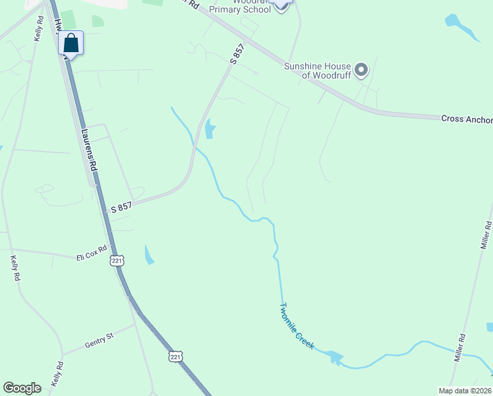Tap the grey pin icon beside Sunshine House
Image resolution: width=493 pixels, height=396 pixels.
(361, 69)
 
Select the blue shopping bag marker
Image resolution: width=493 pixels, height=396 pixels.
(71, 44)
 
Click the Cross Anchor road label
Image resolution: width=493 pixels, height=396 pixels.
(466, 119)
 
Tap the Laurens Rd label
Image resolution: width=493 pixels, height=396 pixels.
(88, 149)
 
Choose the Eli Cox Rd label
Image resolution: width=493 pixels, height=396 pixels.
(91, 254)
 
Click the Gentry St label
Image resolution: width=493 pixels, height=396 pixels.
(99, 341)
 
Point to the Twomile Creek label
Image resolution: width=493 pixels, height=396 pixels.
(297, 326)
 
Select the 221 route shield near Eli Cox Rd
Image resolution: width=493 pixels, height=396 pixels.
(117, 260)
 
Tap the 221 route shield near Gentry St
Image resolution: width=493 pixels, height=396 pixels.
(174, 356)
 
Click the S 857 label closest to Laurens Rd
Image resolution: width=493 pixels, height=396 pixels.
(121, 207)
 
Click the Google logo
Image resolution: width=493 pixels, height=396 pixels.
(22, 388)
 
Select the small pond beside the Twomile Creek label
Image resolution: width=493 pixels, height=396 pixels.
(335, 358)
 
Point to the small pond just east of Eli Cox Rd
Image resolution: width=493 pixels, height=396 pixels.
(148, 255)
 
